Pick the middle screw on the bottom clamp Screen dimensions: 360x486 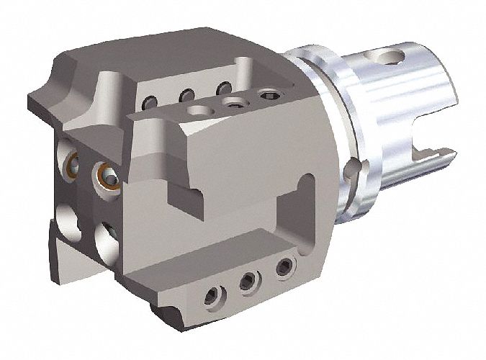pos(248,280)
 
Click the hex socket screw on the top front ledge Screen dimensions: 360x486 pos(269,94)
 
